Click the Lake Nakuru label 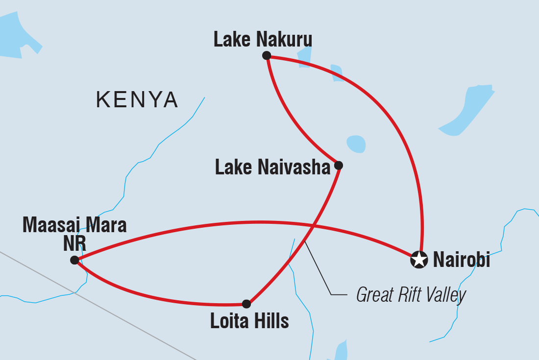(x=263, y=40)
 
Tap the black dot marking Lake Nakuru (x=267, y=55)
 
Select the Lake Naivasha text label (x=273, y=168)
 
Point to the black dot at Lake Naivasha (x=338, y=166)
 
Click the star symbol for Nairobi (x=418, y=260)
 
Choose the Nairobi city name (x=461, y=260)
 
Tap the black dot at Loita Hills (x=246, y=304)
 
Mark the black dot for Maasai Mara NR (x=74, y=260)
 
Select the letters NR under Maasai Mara (x=74, y=243)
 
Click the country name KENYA (x=137, y=100)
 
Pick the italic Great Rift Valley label (x=411, y=295)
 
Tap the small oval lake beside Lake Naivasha (x=356, y=144)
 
